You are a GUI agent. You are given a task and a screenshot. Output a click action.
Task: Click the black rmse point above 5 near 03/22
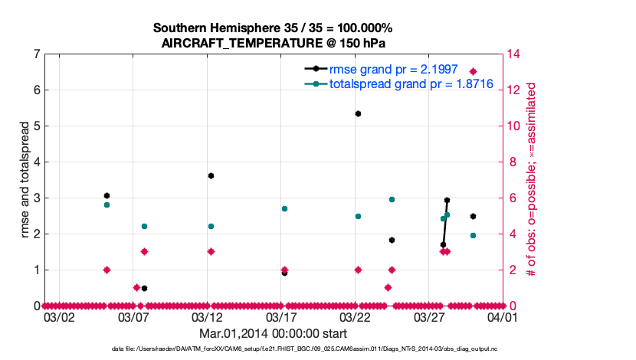[x=358, y=113]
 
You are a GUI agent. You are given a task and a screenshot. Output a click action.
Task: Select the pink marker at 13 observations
[x=473, y=71]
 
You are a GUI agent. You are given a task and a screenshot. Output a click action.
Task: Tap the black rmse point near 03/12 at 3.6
[x=211, y=175]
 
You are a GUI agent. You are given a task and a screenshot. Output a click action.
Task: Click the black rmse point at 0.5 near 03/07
[x=144, y=288]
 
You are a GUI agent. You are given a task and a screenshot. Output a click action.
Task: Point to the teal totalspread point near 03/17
[x=284, y=208]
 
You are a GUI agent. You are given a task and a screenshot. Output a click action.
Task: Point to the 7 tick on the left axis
[x=37, y=54]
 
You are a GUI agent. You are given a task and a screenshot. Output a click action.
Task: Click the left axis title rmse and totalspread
[x=24, y=180]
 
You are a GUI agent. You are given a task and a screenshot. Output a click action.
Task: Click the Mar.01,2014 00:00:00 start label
[x=273, y=333]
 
